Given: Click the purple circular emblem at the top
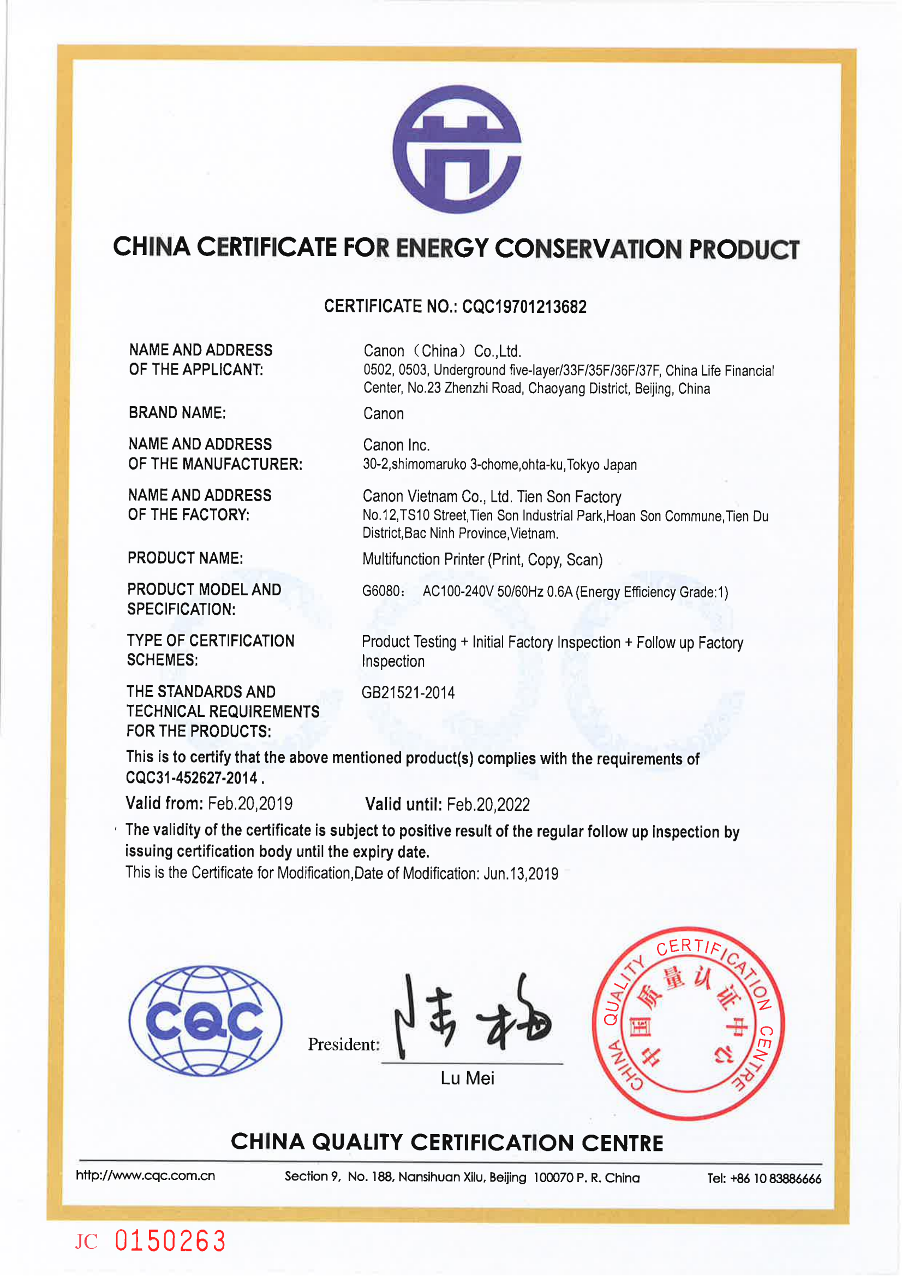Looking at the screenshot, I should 457,149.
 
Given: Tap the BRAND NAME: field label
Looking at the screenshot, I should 177,413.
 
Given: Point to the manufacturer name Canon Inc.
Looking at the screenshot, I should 396,445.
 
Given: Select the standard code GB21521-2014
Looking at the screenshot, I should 408,693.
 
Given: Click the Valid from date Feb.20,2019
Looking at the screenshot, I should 250,804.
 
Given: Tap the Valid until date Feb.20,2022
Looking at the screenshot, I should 488,804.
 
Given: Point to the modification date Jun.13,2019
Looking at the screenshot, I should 521,874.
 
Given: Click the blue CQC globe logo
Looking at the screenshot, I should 205,1021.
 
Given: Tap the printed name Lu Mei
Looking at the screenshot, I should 467,1078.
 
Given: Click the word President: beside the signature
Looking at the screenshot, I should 344,1044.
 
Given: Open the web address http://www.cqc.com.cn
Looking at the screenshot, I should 146,1176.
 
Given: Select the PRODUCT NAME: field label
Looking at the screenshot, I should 186,558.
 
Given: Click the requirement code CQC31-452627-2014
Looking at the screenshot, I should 192,778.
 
